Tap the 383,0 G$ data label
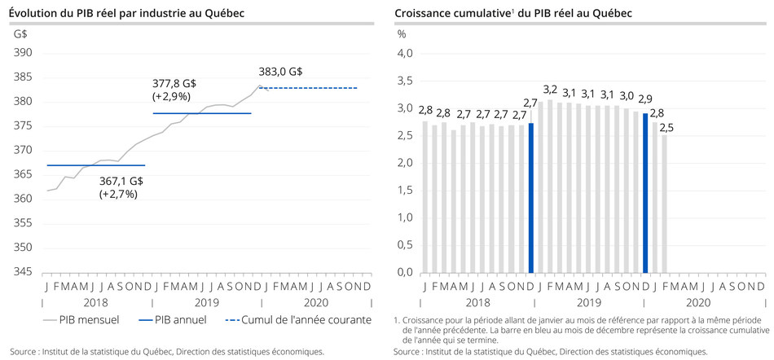pos(280,72)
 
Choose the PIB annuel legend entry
pos(171,320)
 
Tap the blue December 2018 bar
pos(531,198)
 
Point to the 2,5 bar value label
pos(666,127)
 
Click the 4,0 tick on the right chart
pos(404,53)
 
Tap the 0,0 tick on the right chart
pos(404,272)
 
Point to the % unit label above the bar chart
pos(401,34)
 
